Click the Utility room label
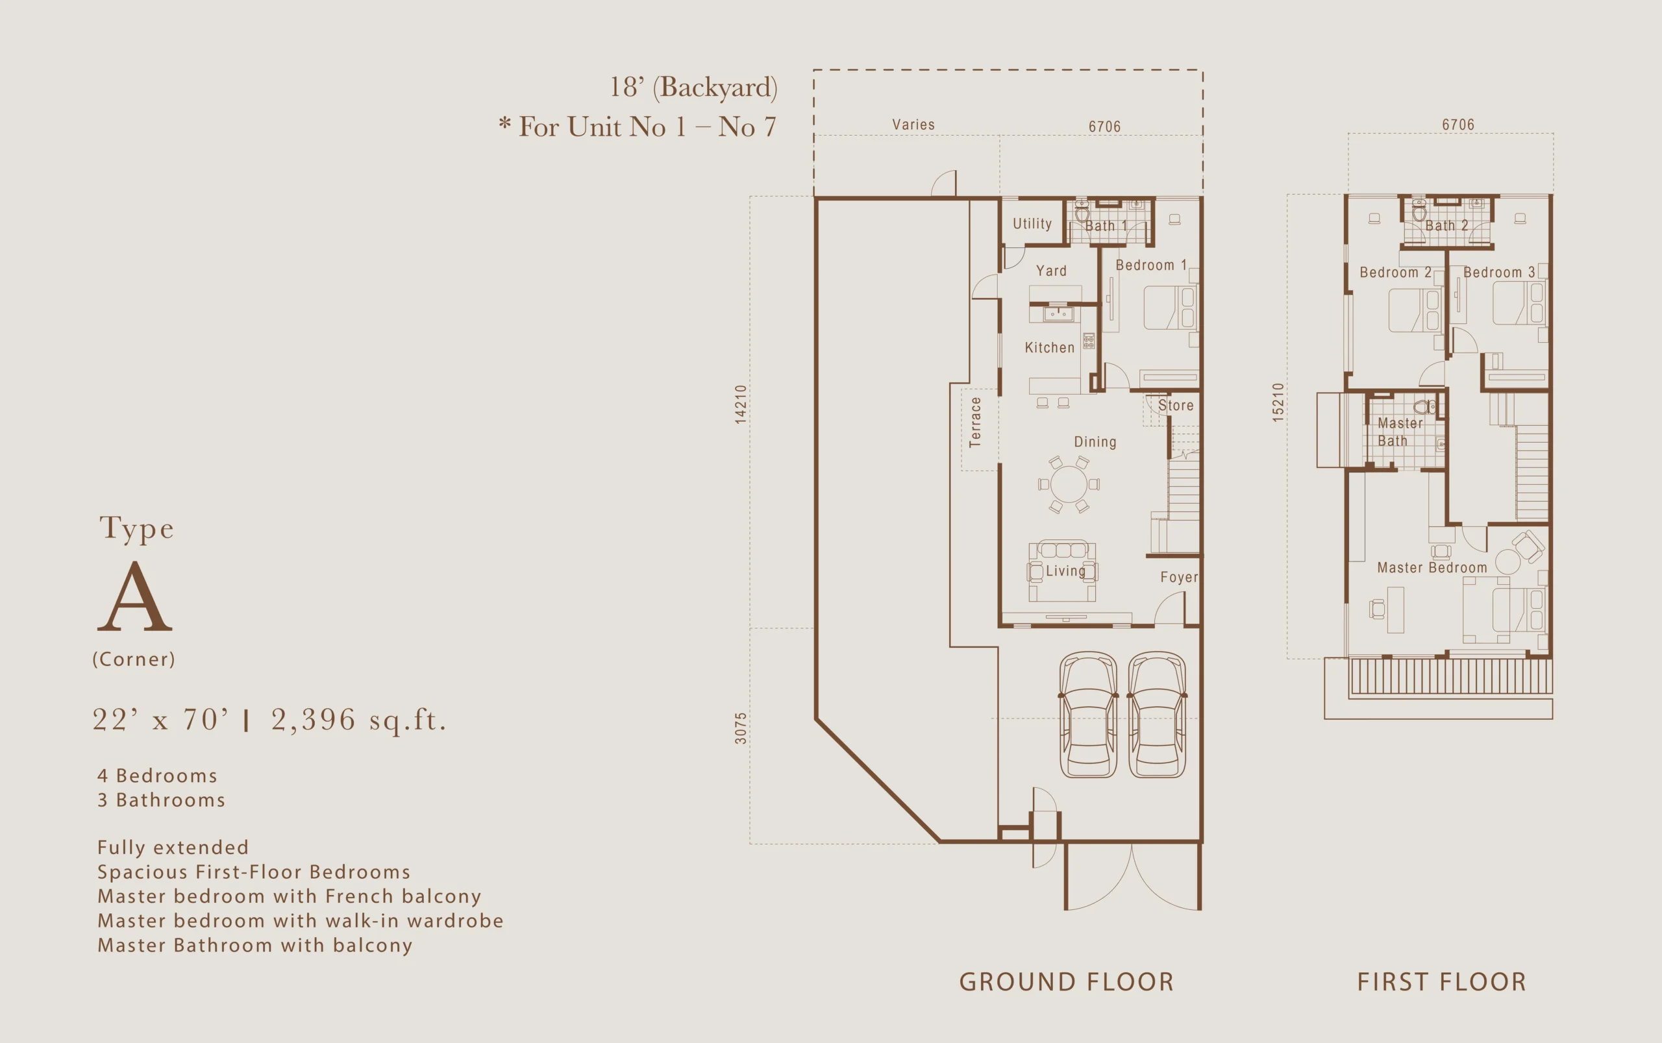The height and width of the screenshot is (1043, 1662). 1032,223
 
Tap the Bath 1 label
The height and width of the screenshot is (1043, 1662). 1106,226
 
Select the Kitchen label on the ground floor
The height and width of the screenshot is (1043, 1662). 1049,348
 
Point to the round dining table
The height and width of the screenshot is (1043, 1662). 1069,484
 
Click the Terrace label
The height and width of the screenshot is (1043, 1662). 975,422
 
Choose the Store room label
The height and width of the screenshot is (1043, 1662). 1176,406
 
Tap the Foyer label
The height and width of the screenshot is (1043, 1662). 1179,578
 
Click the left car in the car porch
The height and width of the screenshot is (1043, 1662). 1088,715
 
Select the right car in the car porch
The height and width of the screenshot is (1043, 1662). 1157,715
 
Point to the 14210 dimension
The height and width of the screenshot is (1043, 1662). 740,404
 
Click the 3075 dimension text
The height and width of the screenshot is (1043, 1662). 740,728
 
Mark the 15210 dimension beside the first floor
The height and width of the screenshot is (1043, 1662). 1278,402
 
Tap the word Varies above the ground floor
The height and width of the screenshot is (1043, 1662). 913,125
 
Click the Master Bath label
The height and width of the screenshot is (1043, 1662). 1400,432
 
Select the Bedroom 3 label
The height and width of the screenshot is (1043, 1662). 1499,273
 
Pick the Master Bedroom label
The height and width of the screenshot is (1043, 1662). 1432,568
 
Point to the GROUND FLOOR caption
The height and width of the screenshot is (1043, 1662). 1067,981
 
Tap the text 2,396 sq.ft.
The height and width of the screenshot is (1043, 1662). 359,720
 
